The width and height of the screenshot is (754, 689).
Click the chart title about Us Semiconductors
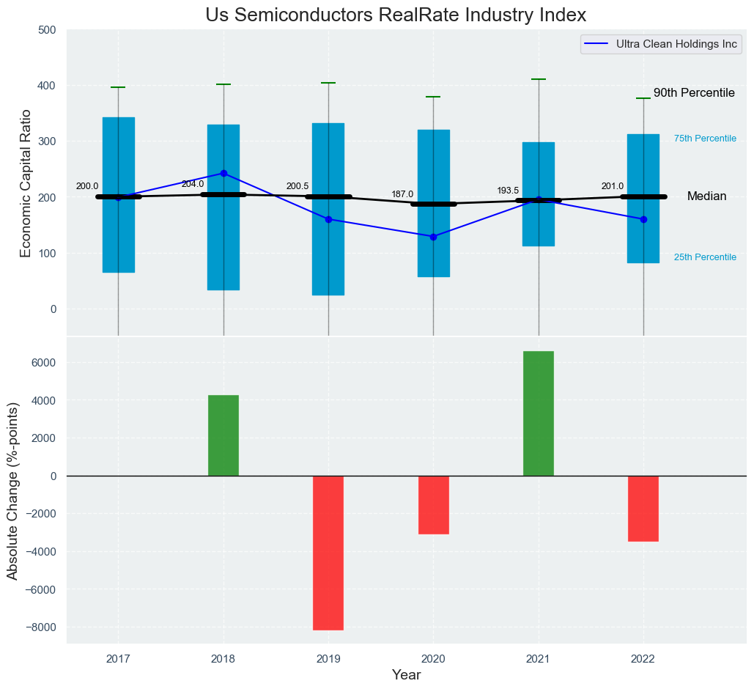(x=396, y=15)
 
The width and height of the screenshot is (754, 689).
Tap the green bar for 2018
(x=223, y=435)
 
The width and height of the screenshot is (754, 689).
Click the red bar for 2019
(x=328, y=553)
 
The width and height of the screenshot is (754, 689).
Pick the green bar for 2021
(x=539, y=413)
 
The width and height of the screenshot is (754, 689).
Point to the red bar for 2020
(x=433, y=505)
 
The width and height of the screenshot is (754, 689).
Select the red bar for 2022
(x=643, y=509)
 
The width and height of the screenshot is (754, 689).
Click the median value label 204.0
(x=193, y=184)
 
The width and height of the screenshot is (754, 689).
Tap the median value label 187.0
(x=402, y=194)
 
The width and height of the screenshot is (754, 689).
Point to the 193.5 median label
(x=508, y=191)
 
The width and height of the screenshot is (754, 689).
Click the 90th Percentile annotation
(x=694, y=93)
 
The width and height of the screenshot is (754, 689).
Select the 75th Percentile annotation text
(x=705, y=139)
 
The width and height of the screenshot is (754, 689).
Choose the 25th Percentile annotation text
(x=705, y=257)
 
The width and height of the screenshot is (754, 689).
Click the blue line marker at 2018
(x=223, y=174)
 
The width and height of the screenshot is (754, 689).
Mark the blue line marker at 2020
(x=433, y=237)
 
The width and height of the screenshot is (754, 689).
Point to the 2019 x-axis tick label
(x=328, y=659)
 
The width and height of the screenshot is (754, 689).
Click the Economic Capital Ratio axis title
(x=26, y=183)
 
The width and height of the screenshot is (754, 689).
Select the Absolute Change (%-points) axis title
(x=12, y=490)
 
